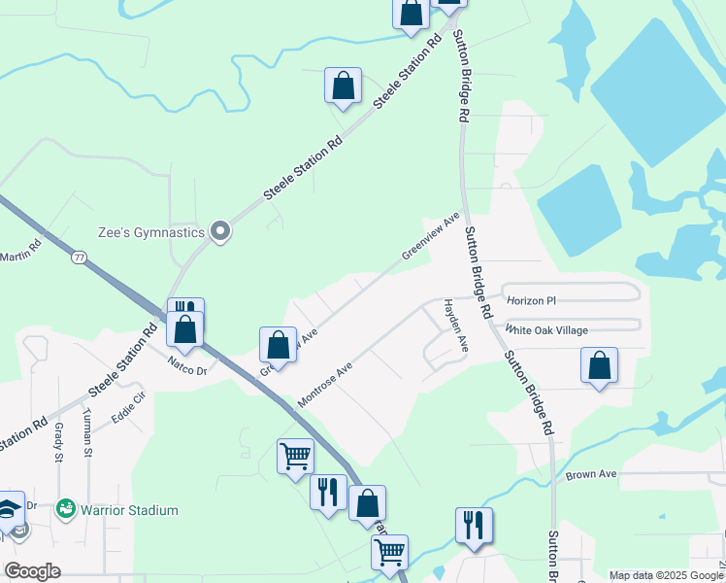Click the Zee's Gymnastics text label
(x=151, y=232)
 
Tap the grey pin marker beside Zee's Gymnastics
(x=220, y=231)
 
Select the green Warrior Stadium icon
(x=66, y=508)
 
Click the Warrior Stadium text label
(x=129, y=510)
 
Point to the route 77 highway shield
(x=79, y=257)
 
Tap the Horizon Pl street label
(x=535, y=300)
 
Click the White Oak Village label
(x=546, y=330)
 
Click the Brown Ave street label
(x=592, y=474)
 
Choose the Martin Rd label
(x=20, y=250)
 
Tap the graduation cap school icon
(x=9, y=510)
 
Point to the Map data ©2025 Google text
(x=665, y=575)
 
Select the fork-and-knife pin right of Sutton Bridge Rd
(x=473, y=525)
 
